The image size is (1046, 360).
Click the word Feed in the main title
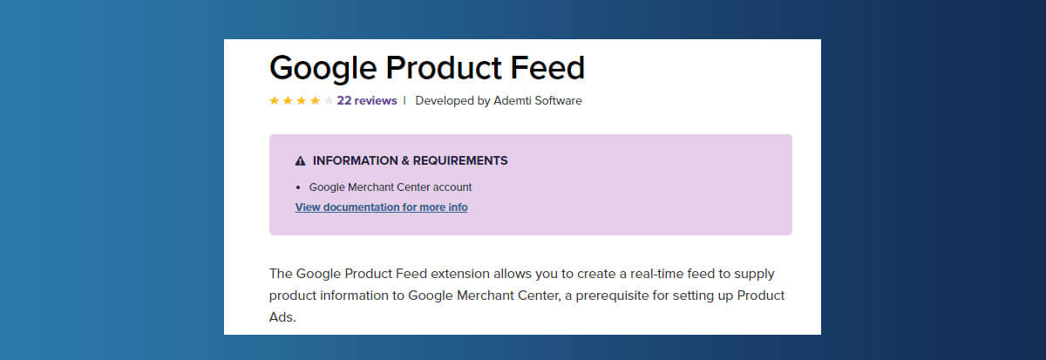pyautogui.click(x=547, y=68)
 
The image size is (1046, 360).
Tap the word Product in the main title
pyautogui.click(x=443, y=68)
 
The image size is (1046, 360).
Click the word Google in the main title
pyautogui.click(x=323, y=69)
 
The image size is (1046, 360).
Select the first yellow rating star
pyautogui.click(x=274, y=100)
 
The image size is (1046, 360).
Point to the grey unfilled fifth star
pyautogui.click(x=329, y=100)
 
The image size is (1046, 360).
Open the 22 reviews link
pyautogui.click(x=367, y=101)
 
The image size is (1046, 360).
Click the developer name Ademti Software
pyautogui.click(x=538, y=101)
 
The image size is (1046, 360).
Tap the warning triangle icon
pyautogui.click(x=300, y=161)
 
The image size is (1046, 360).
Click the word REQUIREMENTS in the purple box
pyautogui.click(x=460, y=160)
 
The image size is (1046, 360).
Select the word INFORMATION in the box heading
pyautogui.click(x=356, y=160)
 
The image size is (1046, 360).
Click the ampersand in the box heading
pyautogui.click(x=405, y=160)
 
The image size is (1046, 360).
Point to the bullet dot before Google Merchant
pyautogui.click(x=298, y=187)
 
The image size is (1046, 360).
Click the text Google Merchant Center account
pyautogui.click(x=391, y=187)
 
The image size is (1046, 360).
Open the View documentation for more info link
pyautogui.click(x=381, y=207)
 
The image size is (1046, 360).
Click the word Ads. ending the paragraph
pyautogui.click(x=282, y=317)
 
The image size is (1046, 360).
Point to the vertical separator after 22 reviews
pyautogui.click(x=404, y=100)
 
